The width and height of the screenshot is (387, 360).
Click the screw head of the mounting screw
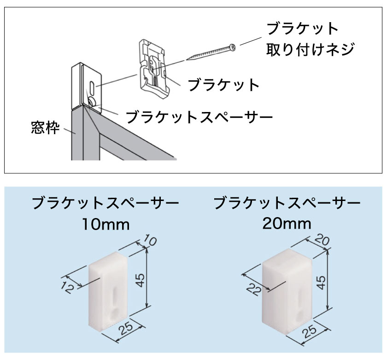coord(232,47)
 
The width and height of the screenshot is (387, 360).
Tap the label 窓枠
coord(46,128)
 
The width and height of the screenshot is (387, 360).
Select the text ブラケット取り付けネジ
coord(310,39)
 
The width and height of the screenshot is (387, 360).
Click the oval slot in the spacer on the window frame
coord(92,88)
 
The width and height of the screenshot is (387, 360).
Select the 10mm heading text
coord(106,224)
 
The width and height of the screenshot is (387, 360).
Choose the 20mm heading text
coord(287,224)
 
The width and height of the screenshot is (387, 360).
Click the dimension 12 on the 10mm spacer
coord(67,288)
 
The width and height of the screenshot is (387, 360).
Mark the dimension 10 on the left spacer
coord(150,240)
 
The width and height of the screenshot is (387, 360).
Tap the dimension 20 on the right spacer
coord(321,240)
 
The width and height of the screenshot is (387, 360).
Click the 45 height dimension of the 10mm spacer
coord(141,280)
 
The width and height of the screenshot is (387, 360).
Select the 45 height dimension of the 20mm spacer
coord(321,283)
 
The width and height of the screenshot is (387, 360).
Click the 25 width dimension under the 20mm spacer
coord(309,331)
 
